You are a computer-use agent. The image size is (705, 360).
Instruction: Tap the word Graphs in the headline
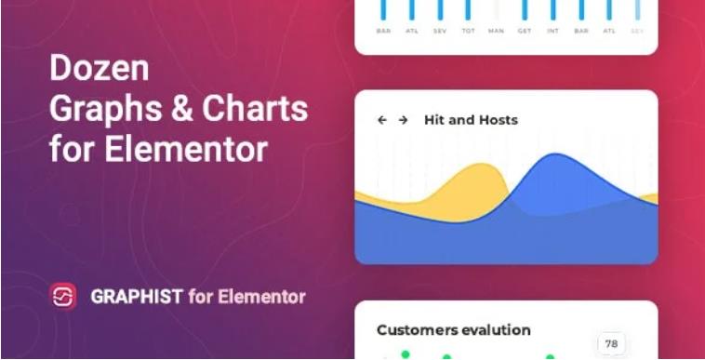(100, 110)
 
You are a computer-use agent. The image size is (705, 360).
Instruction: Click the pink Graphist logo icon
(63, 297)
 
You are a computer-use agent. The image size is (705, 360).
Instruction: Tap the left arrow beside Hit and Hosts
(381, 120)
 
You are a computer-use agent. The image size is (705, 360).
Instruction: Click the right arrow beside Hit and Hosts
(403, 120)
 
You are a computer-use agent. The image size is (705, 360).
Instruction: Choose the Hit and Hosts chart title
(471, 120)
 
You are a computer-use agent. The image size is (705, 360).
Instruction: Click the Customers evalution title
(453, 329)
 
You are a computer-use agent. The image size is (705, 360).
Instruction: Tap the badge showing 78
(611, 343)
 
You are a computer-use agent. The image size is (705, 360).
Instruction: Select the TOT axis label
(467, 31)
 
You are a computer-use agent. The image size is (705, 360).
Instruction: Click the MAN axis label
(496, 31)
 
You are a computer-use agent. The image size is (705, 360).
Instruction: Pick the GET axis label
(525, 31)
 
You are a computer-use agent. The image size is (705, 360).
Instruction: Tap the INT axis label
(552, 31)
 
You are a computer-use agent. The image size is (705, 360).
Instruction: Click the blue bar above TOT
(467, 9)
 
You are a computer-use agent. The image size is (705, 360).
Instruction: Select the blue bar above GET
(525, 9)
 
